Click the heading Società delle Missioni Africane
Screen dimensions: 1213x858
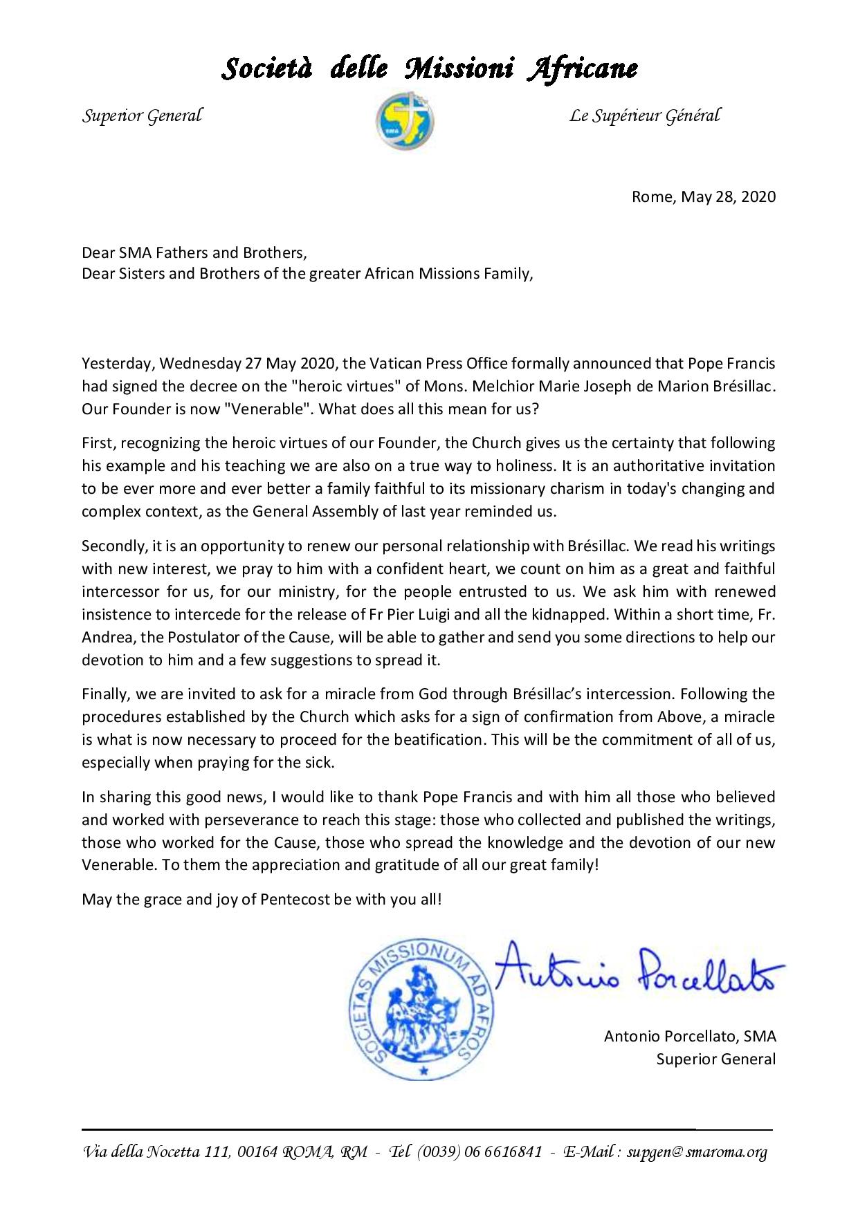tap(429, 68)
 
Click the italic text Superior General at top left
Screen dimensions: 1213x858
tap(143, 115)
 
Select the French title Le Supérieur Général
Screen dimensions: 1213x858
tap(644, 115)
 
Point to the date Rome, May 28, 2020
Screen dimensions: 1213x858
tap(704, 197)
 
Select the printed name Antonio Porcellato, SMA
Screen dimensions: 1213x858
tap(690, 1036)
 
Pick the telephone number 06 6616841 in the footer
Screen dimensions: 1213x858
tap(503, 1152)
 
